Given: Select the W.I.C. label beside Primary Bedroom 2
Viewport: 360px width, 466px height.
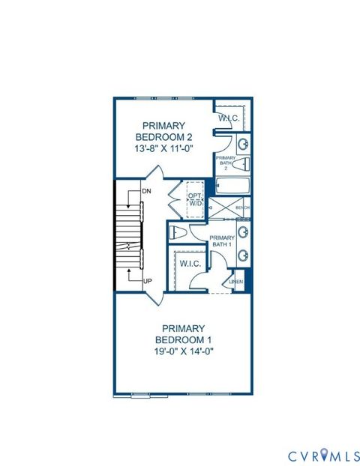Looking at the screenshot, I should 228,118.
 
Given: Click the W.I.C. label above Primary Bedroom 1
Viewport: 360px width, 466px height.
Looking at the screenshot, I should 187,263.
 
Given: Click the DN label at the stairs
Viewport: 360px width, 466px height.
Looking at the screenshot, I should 145,192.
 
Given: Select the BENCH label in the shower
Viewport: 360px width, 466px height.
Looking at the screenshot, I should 242,208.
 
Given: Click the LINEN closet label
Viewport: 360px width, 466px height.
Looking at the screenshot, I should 235,281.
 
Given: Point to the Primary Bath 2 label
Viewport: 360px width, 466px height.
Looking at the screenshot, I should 226,163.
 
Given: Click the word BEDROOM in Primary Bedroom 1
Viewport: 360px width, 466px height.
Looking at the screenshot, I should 183,340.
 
